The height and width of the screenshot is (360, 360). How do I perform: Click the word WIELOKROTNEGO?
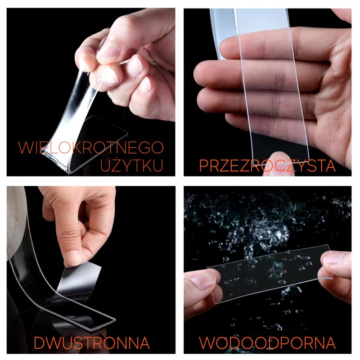coord(91,148)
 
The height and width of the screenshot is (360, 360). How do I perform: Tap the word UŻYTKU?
coord(132,165)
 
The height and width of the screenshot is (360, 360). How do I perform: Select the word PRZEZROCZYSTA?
coord(267,165)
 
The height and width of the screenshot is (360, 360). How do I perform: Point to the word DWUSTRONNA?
coord(92,343)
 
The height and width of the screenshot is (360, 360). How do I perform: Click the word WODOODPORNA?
coord(267,343)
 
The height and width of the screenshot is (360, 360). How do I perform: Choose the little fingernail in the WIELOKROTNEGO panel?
coord(145,85)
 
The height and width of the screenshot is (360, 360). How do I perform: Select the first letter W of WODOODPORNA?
coord(207,343)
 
